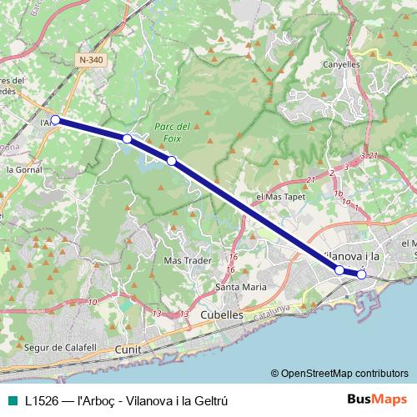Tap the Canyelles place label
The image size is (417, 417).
pyautogui.click(x=340, y=64)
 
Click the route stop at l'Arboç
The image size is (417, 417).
pyautogui.click(x=55, y=120)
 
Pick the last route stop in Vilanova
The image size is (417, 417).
pyautogui.click(x=362, y=274)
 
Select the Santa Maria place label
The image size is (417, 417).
pyautogui.click(x=241, y=287)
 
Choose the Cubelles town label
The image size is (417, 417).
pyautogui.click(x=223, y=314)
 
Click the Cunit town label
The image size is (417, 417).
pyautogui.click(x=129, y=349)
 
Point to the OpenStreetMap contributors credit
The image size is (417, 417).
pyautogui.click(x=339, y=373)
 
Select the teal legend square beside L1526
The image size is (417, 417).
pyautogui.click(x=10, y=399)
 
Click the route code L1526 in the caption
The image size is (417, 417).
pyautogui.click(x=40, y=399)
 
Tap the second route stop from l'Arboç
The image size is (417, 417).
pyautogui.click(x=127, y=138)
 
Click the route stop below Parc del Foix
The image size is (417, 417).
pyautogui.click(x=171, y=160)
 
